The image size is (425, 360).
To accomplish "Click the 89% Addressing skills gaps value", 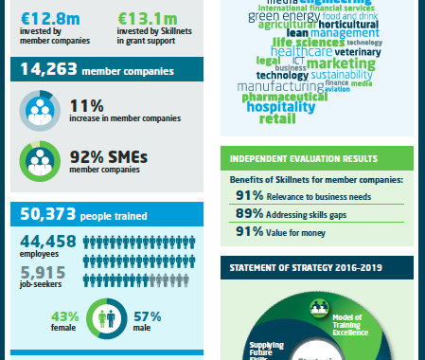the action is click(x=249, y=214).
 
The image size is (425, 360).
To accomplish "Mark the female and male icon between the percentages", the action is click(x=109, y=317).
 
